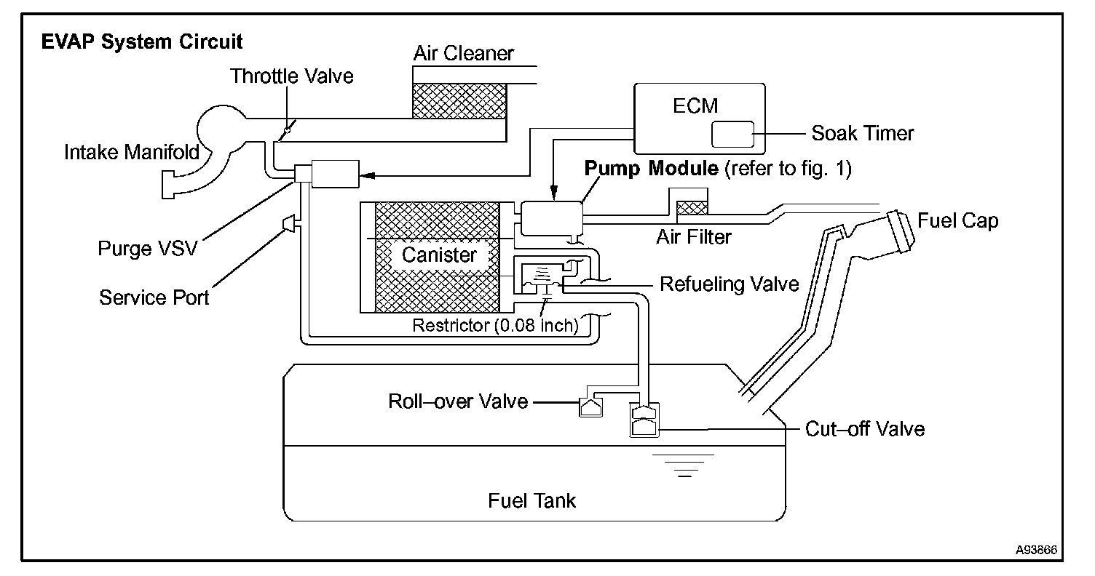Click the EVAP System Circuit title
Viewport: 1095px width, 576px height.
click(x=142, y=41)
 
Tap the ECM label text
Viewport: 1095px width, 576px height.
click(x=695, y=105)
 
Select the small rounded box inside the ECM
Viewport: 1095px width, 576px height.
click(x=732, y=135)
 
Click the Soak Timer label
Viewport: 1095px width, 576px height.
click(x=862, y=134)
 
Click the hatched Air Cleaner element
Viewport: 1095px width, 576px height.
click(x=459, y=100)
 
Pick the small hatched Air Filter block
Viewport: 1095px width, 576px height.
click(x=692, y=208)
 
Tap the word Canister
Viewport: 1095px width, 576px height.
click(x=439, y=255)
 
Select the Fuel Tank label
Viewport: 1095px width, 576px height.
click(x=532, y=500)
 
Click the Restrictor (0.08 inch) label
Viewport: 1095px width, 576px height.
click(x=495, y=325)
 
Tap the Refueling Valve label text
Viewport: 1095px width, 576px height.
click(x=729, y=284)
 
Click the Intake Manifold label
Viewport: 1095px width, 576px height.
click(x=132, y=152)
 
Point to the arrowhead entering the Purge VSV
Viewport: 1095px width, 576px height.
click(x=367, y=175)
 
